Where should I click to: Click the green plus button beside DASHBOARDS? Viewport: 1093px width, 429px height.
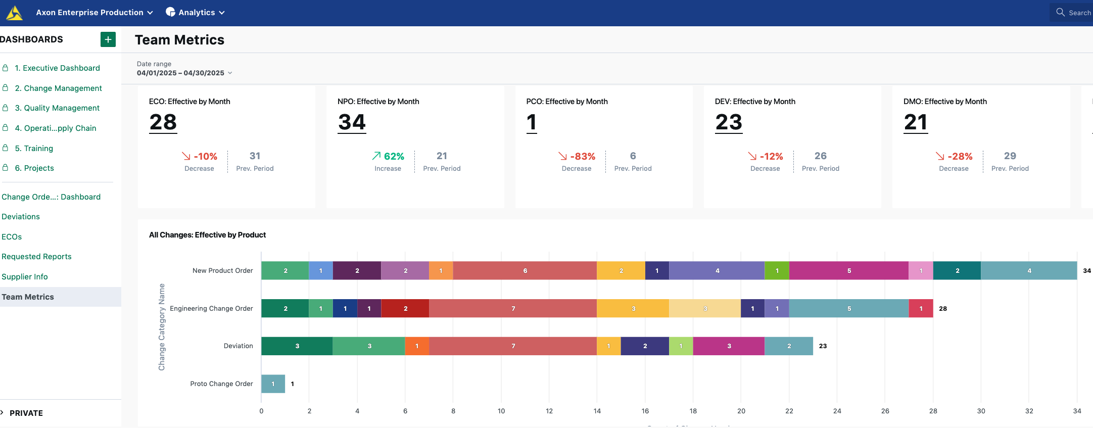point(108,39)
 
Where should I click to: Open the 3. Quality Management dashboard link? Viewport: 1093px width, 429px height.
point(57,108)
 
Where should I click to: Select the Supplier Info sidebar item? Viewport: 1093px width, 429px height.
point(25,277)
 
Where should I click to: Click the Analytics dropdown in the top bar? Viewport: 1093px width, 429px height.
point(196,13)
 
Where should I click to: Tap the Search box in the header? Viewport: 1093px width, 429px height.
point(1073,13)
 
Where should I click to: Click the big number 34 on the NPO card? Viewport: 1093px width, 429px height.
point(352,122)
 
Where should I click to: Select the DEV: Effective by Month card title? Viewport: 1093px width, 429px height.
point(754,102)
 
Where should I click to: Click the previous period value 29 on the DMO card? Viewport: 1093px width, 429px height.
point(1010,156)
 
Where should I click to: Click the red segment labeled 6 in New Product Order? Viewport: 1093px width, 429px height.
point(525,271)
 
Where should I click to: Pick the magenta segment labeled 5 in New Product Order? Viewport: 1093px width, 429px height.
point(848,271)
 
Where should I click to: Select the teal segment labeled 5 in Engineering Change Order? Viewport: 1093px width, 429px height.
point(848,309)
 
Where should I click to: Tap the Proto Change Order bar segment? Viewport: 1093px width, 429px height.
point(273,384)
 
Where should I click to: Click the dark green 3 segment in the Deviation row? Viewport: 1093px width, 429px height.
point(297,346)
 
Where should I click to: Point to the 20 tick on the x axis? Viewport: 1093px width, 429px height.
point(741,411)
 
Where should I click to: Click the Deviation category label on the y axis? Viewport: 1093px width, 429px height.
point(238,346)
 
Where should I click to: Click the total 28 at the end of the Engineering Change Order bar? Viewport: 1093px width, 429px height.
point(943,309)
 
